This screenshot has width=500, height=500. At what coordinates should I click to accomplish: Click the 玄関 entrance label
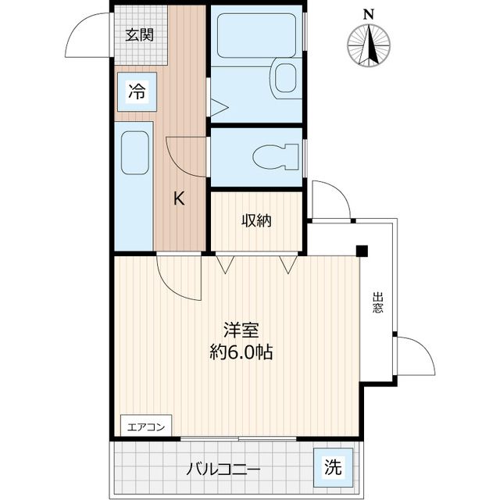140,34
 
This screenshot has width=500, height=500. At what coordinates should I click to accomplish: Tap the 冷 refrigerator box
136,92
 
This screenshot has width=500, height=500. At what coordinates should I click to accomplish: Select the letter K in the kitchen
179,198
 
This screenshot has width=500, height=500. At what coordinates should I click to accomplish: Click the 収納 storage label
255,221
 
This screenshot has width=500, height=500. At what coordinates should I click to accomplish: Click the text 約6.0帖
240,352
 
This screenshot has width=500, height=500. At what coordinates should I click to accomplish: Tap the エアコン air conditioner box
145,427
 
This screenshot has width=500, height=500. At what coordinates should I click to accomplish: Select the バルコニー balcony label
223,470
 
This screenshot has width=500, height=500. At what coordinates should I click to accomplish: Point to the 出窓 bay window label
378,302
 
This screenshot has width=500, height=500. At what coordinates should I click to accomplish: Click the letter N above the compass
369,13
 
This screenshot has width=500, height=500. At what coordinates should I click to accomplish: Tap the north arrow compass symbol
370,45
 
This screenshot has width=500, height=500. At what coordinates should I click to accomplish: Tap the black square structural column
362,250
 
